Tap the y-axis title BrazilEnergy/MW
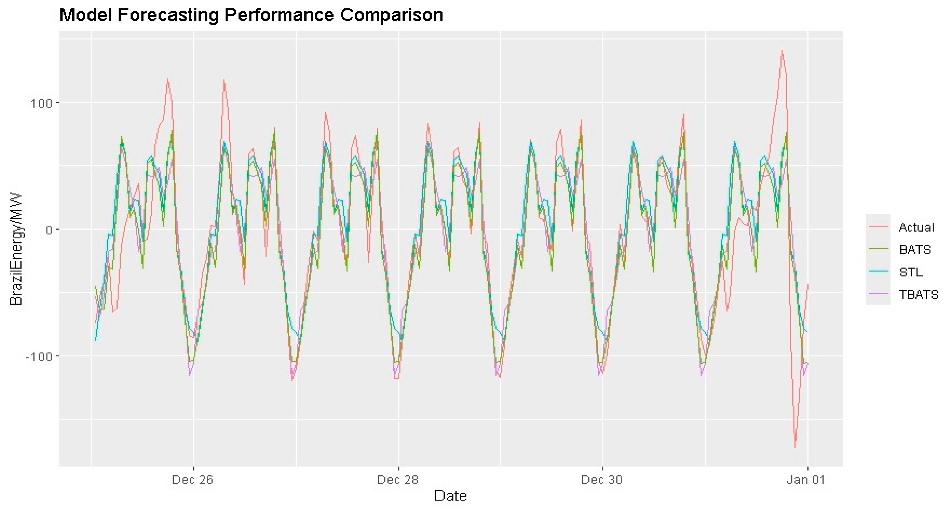16,249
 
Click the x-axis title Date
450,496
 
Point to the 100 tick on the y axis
41,103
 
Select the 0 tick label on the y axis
49,230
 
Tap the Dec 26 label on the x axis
193,480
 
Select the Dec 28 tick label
398,480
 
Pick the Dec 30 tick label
602,480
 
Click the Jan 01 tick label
806,480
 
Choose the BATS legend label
915,250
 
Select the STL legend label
911,272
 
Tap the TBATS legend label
919,294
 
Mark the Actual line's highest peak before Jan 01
782,51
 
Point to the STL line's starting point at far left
96,340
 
